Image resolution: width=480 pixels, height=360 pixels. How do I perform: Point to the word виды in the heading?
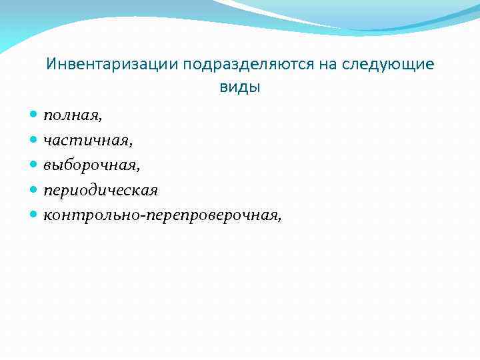pyautogui.click(x=240, y=87)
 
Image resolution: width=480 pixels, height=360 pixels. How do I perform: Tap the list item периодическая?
pyautogui.click(x=101, y=191)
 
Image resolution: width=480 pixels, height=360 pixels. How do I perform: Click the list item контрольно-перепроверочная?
pyautogui.click(x=160, y=215)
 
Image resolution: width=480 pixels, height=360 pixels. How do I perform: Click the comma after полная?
pyautogui.click(x=101, y=120)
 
